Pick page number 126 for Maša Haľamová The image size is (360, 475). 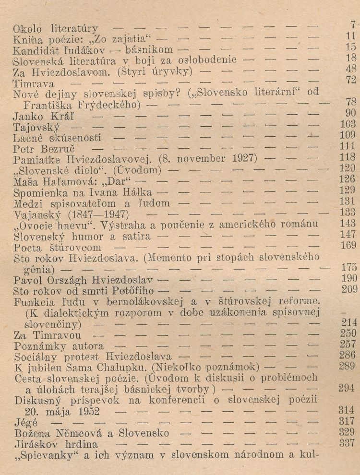pyautogui.click(x=350, y=178)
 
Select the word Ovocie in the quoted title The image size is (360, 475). pyautogui.click(x=43, y=225)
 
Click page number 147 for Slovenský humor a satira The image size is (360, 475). pyautogui.click(x=350, y=234)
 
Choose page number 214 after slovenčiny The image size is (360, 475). pyautogui.click(x=349, y=322)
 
